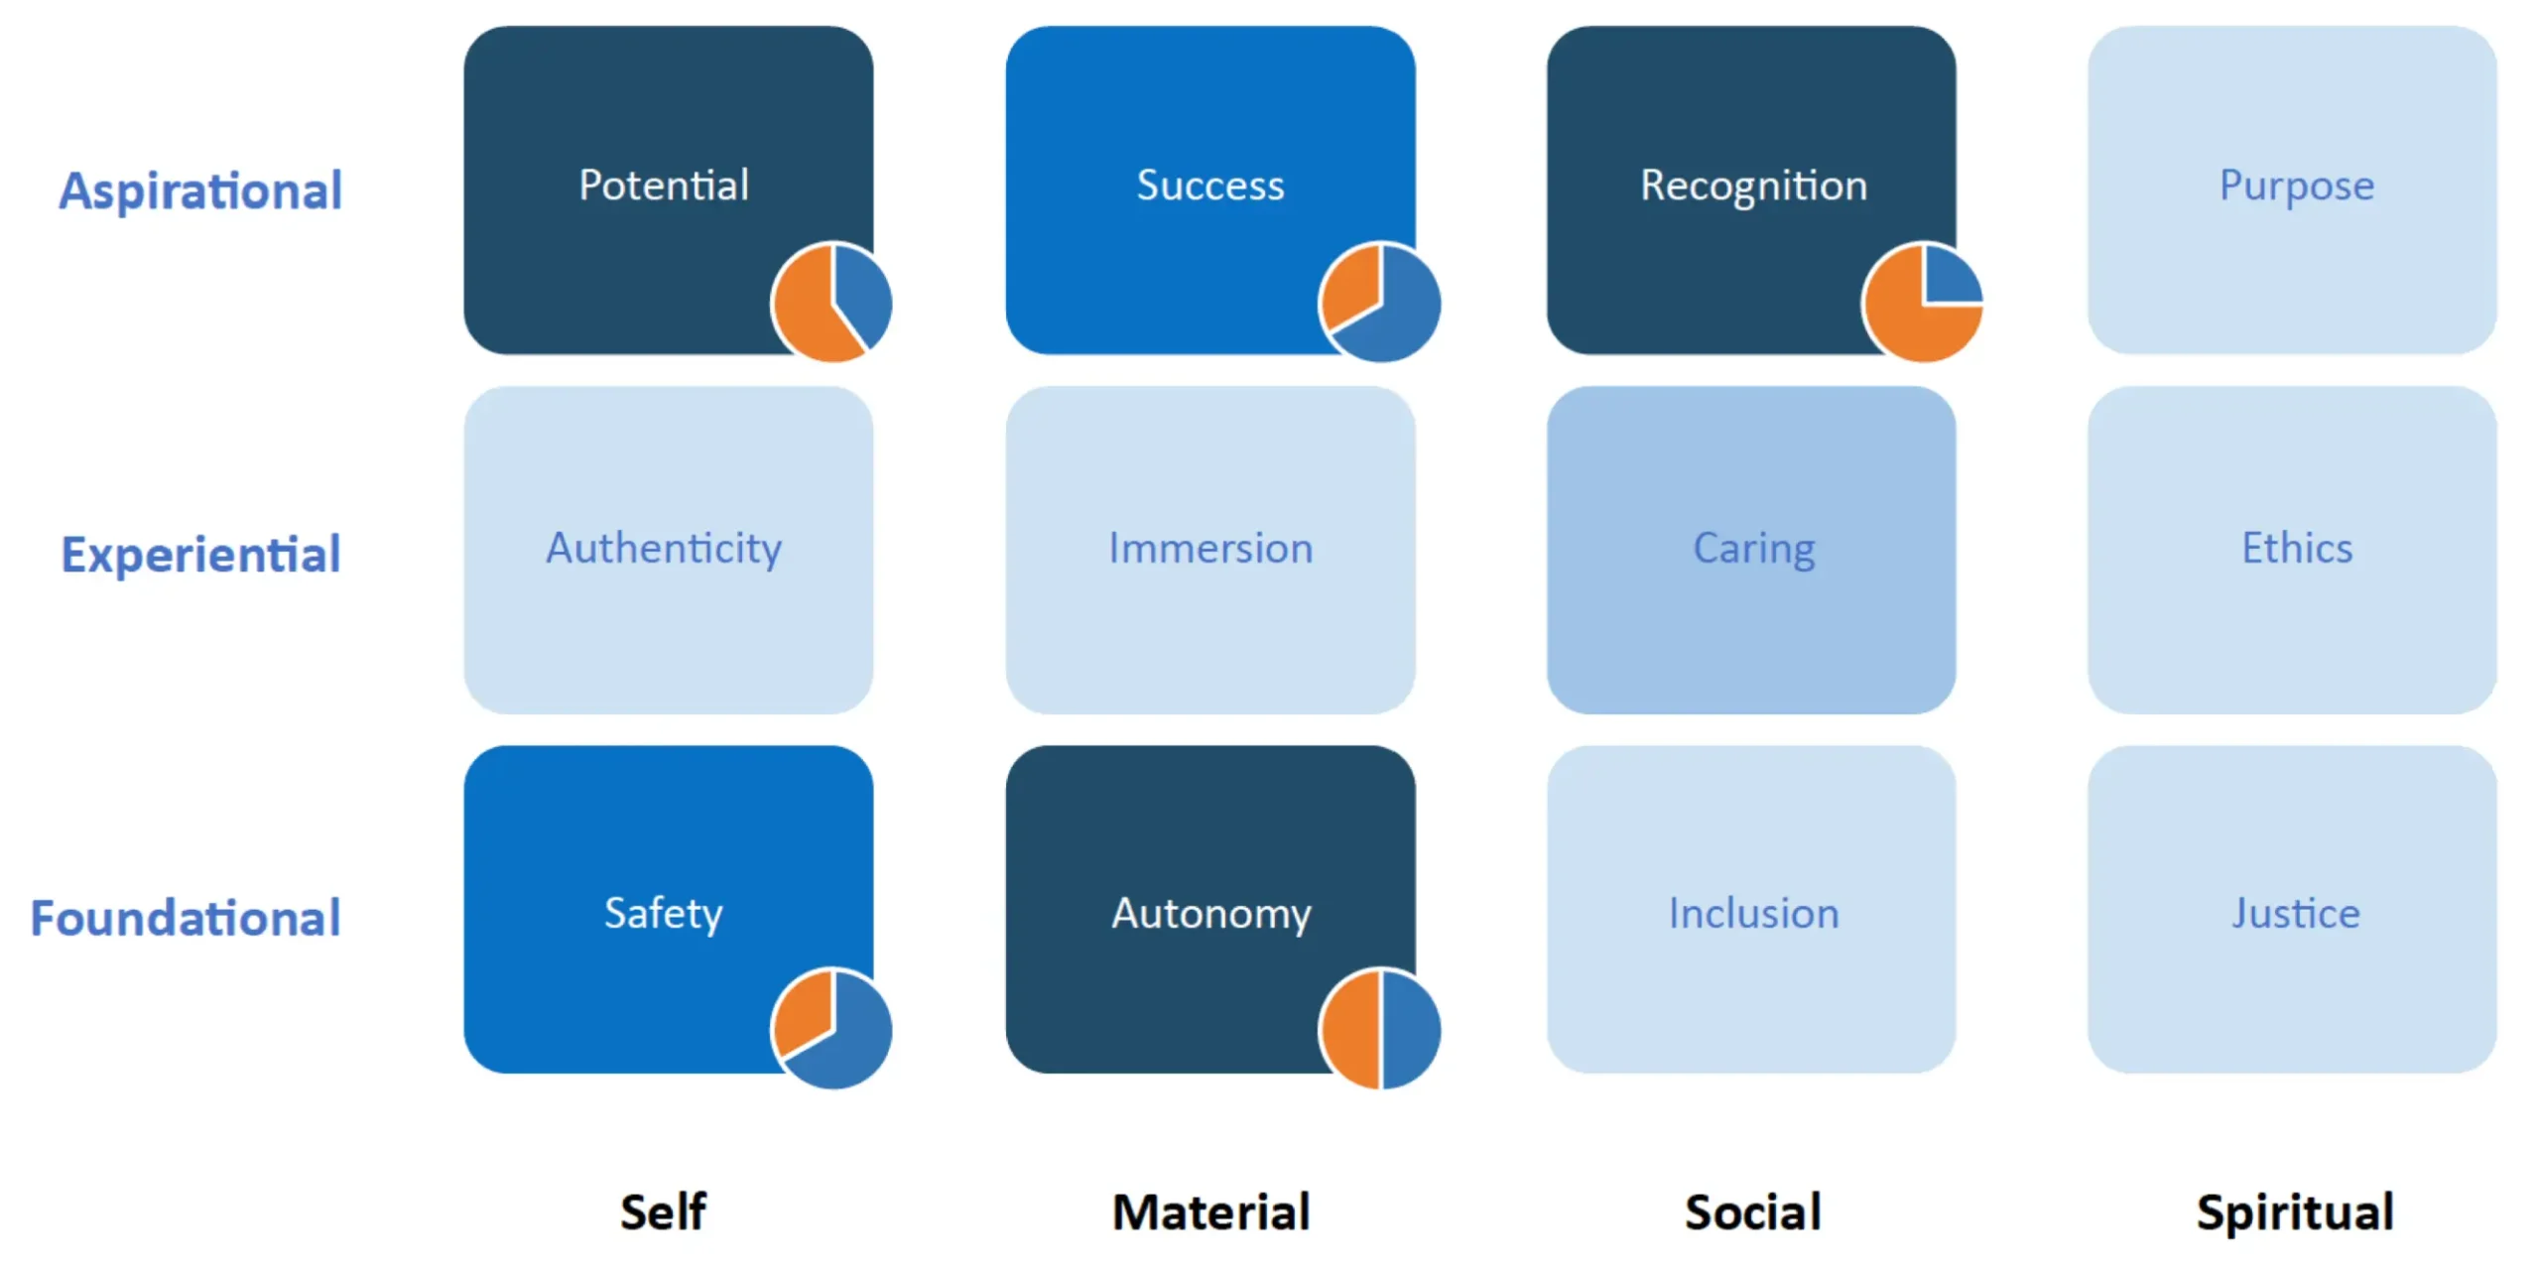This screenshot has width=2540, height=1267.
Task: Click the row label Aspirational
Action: pyautogui.click(x=200, y=190)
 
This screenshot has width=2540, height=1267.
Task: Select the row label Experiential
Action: pyautogui.click(x=200, y=554)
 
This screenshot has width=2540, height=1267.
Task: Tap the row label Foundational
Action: pyautogui.click(x=186, y=918)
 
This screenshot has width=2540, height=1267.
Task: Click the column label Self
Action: pyautogui.click(x=663, y=1211)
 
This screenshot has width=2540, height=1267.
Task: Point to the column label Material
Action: pyautogui.click(x=1210, y=1211)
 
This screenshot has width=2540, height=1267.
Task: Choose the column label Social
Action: pyautogui.click(x=1752, y=1211)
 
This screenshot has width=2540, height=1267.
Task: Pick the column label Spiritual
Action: pyautogui.click(x=2295, y=1211)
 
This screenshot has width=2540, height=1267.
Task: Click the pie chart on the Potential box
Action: pyautogui.click(x=832, y=303)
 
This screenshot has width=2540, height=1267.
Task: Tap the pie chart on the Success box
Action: pyautogui.click(x=1380, y=303)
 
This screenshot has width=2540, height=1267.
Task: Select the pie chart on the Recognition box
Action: pyautogui.click(x=1923, y=303)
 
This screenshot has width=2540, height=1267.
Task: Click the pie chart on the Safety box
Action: pyautogui.click(x=832, y=1029)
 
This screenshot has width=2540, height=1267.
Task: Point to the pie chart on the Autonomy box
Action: pyautogui.click(x=1380, y=1029)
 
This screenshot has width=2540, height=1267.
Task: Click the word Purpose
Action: pyautogui.click(x=2296, y=186)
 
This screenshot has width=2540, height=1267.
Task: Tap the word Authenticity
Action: pyautogui.click(x=664, y=549)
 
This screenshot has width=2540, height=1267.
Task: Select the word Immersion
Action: pyautogui.click(x=1210, y=549)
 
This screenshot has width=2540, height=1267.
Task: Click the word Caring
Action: pyautogui.click(x=1753, y=549)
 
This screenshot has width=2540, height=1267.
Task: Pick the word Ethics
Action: pyautogui.click(x=2297, y=548)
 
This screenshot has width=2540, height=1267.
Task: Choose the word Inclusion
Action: pyautogui.click(x=1753, y=913)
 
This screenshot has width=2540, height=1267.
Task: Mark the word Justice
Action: pyautogui.click(x=2296, y=913)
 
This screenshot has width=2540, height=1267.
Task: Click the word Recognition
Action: pyautogui.click(x=1753, y=186)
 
